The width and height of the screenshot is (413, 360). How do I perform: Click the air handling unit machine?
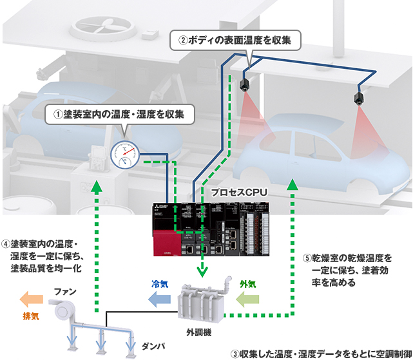(x=203, y=303)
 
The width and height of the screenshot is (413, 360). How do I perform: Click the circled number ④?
(x=5, y=245)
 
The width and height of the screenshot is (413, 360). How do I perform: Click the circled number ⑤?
(x=307, y=258)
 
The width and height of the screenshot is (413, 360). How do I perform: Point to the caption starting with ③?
(x=320, y=353)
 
